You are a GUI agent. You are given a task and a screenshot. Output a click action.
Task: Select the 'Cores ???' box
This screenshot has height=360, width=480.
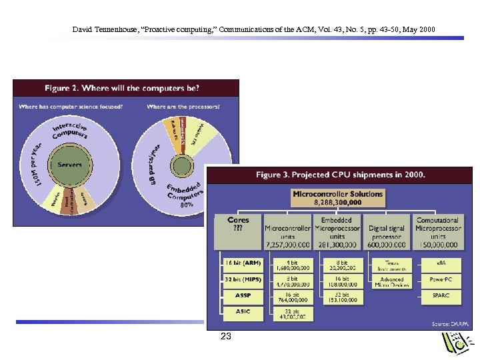238,231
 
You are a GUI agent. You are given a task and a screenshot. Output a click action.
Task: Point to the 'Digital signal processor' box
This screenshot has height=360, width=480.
387,232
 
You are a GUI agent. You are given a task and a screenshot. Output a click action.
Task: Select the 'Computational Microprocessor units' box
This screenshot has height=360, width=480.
437,231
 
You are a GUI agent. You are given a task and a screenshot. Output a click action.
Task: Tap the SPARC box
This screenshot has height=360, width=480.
441,295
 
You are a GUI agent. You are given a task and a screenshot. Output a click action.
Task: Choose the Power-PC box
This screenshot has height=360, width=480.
441,279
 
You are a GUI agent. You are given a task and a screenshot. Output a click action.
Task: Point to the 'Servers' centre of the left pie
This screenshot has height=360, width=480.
70,164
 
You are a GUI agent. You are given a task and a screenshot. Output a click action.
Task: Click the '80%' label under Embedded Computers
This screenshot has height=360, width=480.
187,205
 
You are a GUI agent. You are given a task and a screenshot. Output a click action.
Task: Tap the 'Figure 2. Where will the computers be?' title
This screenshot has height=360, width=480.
122,88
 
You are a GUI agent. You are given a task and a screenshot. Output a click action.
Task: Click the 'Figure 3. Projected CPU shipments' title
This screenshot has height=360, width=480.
341,175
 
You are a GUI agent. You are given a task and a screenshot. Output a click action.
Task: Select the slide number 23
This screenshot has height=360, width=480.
226,337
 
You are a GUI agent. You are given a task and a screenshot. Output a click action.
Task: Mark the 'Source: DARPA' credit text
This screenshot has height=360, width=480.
450,323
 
